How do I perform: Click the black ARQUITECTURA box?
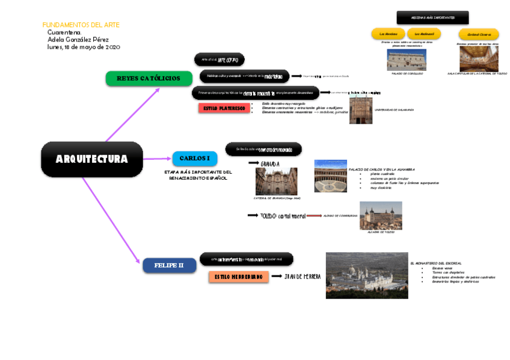(x=91, y=159)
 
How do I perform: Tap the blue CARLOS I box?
(x=194, y=159)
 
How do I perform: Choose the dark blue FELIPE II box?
(x=169, y=265)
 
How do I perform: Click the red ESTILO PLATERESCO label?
(x=224, y=108)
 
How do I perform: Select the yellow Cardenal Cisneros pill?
(x=478, y=34)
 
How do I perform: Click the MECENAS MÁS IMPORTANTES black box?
(x=432, y=17)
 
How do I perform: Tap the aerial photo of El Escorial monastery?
(x=366, y=275)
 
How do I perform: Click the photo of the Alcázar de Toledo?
(x=381, y=215)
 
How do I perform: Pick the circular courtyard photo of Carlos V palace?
(x=330, y=175)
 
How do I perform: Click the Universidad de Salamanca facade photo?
(x=361, y=110)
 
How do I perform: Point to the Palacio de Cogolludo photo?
(x=406, y=59)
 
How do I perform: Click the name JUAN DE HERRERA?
(x=303, y=276)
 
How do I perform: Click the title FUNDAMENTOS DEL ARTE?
(x=81, y=25)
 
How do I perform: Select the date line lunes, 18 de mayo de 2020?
(x=84, y=47)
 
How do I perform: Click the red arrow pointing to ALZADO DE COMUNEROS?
(x=313, y=215)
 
